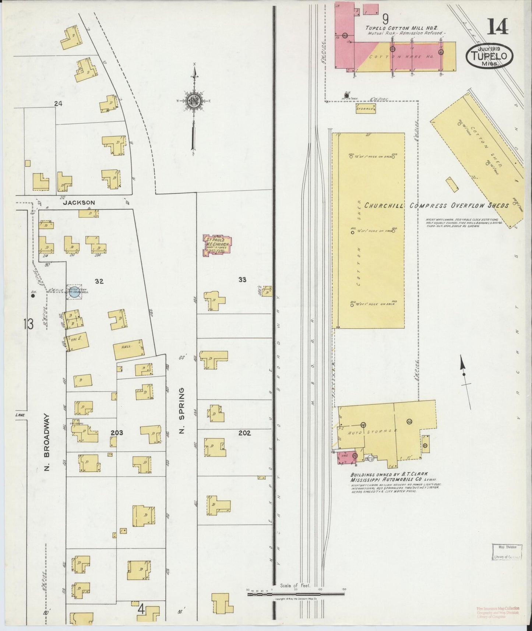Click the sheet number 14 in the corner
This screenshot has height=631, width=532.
[x=497, y=27]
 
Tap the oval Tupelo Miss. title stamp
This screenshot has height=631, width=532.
[x=489, y=56]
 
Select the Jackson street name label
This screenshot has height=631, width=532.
[x=79, y=202]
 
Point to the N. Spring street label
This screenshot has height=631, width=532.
[x=181, y=410]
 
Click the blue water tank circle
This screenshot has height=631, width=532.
[x=74, y=292]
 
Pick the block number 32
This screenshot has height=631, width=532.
[x=99, y=281]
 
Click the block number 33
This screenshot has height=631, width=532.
[x=242, y=280]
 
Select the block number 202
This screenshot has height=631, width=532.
[x=244, y=433]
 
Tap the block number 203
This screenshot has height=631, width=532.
[x=117, y=433]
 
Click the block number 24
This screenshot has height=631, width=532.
[x=58, y=104]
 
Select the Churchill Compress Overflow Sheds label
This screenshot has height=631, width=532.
[x=436, y=206]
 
